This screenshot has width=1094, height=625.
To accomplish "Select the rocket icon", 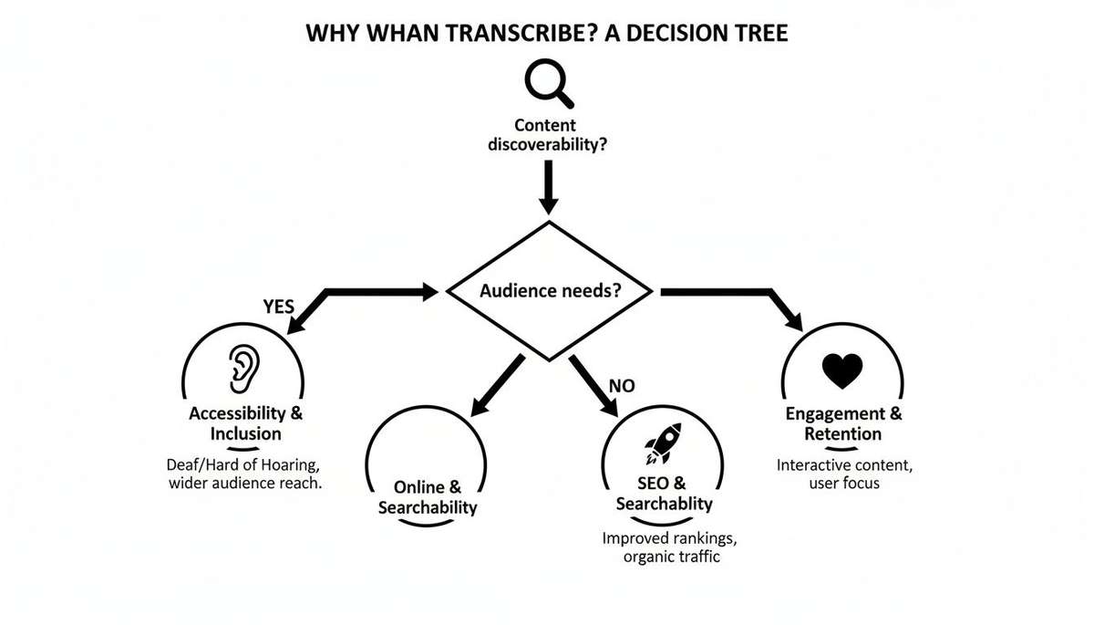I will pos(663,443).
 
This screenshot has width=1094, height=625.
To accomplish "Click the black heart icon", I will pos(841,370).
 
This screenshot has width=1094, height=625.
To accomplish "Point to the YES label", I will pos(278,307).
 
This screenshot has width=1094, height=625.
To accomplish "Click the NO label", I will pos(621,386).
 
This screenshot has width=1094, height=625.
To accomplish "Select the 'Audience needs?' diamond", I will pos(549,292).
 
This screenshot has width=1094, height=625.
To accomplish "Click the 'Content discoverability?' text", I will pos(548,135).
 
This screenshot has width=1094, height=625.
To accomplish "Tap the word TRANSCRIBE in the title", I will pos(490,35).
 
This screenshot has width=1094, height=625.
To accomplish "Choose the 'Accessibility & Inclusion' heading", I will pos(245,423).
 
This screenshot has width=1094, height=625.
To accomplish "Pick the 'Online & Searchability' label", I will pos(427,497).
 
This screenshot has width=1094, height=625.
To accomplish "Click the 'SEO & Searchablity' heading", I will pos(664,493).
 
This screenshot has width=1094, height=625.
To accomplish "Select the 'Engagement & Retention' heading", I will pos(843,423).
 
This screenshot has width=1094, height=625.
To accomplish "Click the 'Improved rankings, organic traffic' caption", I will pos(661,547).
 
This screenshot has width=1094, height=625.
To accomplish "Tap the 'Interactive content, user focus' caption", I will pos(844,474).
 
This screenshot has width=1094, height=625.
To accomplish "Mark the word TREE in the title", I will pos(759,35).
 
